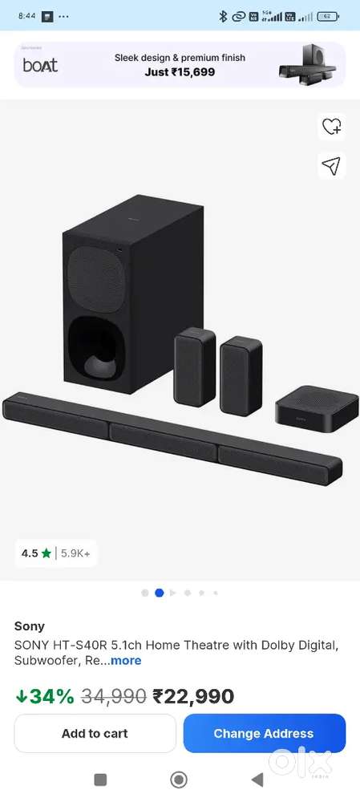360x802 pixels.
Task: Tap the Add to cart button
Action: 95,734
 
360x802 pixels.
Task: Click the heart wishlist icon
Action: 331,126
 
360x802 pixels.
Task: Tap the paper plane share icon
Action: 331,166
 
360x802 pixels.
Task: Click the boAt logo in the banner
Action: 40,65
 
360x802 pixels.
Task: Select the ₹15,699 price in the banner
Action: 192,72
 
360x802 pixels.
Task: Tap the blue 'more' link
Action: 126,660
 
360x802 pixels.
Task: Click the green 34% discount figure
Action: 45,696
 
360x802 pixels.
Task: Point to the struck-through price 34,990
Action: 114,696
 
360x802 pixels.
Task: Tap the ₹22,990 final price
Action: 193,696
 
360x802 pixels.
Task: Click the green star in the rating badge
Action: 46,553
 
